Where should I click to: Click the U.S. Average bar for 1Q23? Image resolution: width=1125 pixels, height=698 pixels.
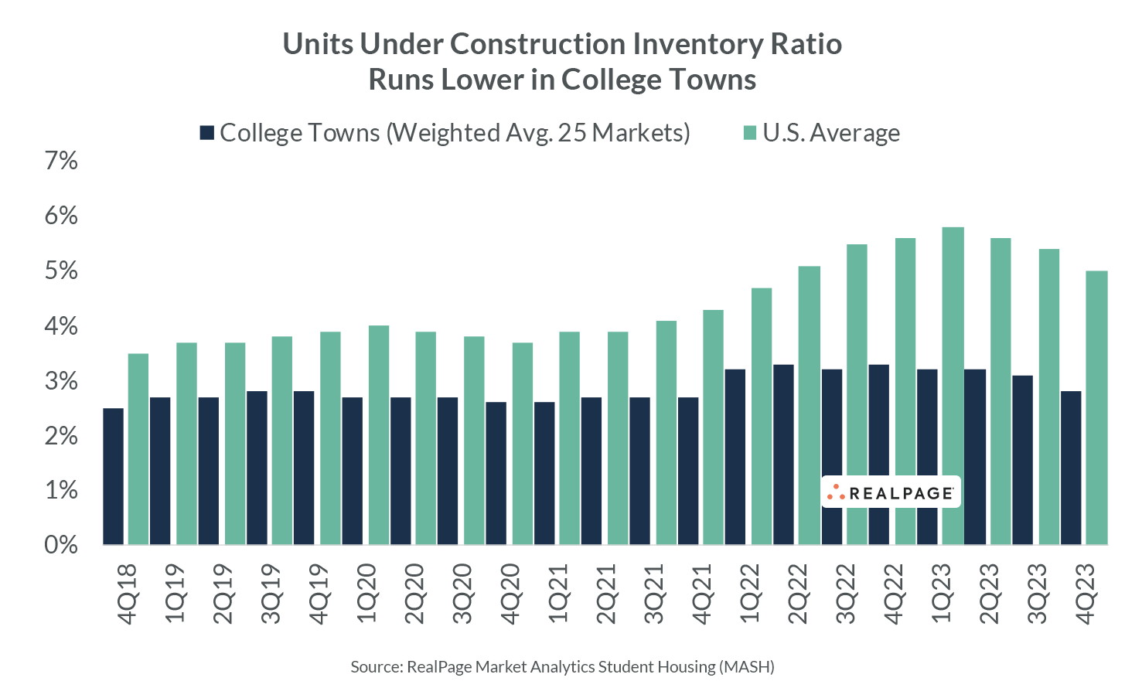(x=953, y=386)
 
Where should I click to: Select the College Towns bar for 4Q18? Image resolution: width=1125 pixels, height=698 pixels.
(x=113, y=476)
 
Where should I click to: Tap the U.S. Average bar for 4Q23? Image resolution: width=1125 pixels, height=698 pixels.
(x=1096, y=408)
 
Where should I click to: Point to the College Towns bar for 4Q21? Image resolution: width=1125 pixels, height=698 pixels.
(x=688, y=471)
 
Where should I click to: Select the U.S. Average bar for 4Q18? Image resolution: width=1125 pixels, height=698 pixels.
(x=138, y=449)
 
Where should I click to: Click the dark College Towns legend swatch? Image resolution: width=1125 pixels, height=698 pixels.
(x=206, y=133)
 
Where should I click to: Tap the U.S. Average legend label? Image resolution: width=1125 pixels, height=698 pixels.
(x=831, y=133)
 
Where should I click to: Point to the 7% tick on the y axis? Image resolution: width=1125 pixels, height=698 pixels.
(x=62, y=161)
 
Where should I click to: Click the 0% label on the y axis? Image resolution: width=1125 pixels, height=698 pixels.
(x=62, y=545)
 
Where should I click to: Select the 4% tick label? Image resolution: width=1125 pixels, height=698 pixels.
(x=62, y=326)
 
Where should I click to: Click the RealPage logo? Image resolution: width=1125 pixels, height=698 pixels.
(x=891, y=492)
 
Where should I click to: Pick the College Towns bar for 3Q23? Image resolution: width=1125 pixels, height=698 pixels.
(x=1022, y=460)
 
